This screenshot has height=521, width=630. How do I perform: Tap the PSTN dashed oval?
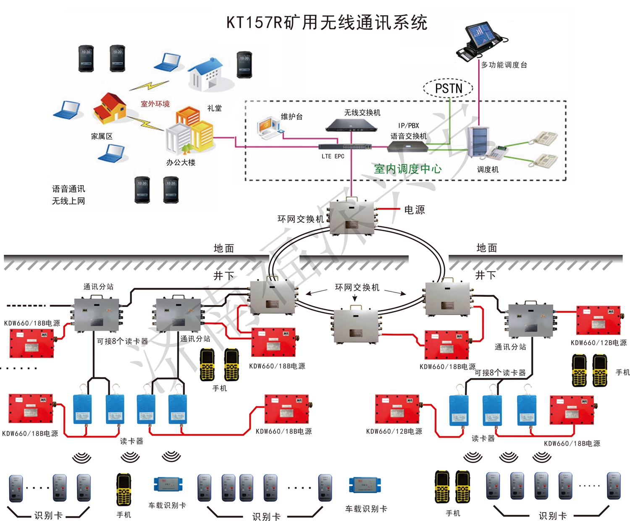[448, 89]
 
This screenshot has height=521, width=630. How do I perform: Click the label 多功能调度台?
[504, 65]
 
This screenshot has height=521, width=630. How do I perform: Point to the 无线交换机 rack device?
[351, 125]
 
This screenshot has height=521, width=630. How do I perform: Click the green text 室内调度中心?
[407, 169]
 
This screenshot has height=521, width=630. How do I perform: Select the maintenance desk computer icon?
[269, 128]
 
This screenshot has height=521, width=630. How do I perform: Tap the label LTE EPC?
[333, 157]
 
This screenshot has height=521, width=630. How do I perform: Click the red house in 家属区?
[109, 108]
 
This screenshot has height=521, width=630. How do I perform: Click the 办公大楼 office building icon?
[189, 132]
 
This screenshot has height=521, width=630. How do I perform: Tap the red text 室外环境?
[155, 104]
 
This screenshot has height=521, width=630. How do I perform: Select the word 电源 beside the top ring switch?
[414, 210]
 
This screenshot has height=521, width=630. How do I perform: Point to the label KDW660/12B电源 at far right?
[598, 343]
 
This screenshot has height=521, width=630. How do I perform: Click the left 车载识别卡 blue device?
[168, 484]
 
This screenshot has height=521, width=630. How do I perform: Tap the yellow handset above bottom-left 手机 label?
[123, 490]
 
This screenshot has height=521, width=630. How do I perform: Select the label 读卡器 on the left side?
[131, 441]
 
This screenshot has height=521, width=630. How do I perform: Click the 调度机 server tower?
[478, 141]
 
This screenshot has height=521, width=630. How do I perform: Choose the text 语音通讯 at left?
[68, 189]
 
